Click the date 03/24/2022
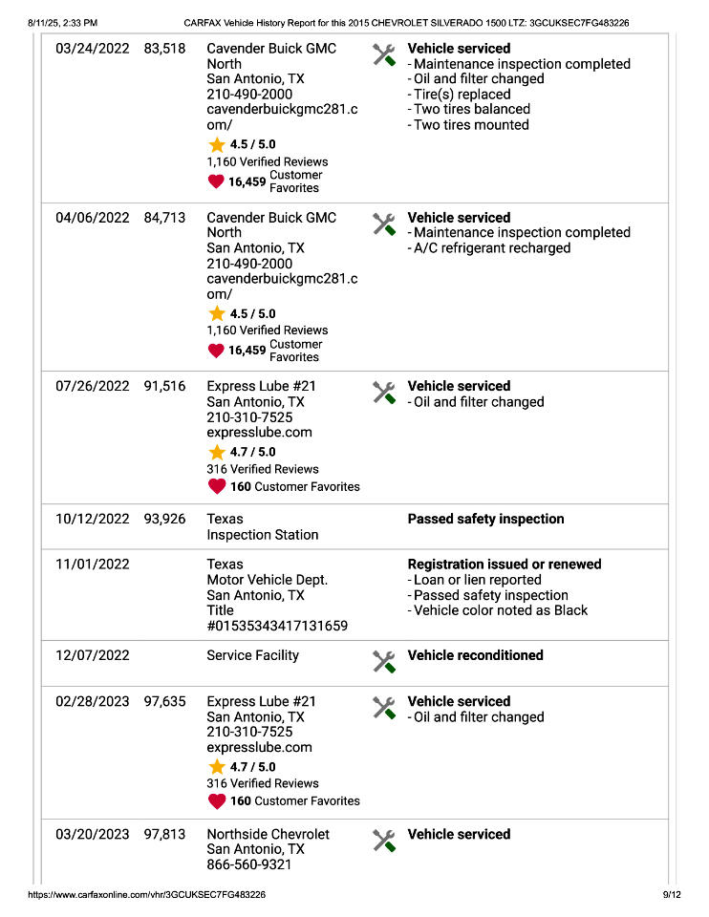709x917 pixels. click(x=92, y=49)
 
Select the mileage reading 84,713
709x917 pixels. click(x=164, y=218)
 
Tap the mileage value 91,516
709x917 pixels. click(x=164, y=387)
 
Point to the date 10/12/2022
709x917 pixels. click(x=92, y=520)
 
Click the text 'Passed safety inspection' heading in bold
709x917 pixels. click(x=485, y=520)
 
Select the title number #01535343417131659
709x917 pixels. click(x=277, y=626)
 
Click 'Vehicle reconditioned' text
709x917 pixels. click(x=475, y=655)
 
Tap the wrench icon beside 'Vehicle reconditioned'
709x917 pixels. click(x=384, y=661)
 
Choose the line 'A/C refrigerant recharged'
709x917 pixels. click(x=491, y=248)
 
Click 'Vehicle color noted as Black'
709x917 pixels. click(x=500, y=610)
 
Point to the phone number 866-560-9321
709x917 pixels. click(x=249, y=864)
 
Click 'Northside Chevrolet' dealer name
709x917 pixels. click(x=268, y=834)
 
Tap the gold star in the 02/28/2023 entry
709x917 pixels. click(x=217, y=767)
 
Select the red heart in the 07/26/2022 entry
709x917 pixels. click(x=217, y=487)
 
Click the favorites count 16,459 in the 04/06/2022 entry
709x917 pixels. click(x=247, y=351)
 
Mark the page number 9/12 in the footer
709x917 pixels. click(x=672, y=895)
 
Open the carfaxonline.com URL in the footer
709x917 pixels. click(x=147, y=895)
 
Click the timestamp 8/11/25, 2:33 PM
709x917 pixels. click(x=63, y=22)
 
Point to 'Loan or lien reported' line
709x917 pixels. click(x=477, y=580)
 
